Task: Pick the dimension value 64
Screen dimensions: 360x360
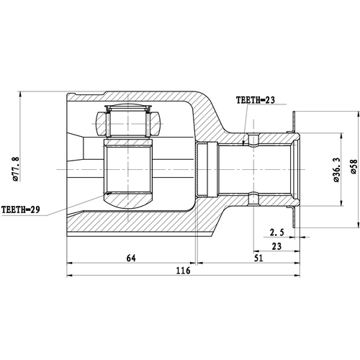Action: [x=130, y=257]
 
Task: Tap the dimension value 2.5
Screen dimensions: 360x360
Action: [x=277, y=233]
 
